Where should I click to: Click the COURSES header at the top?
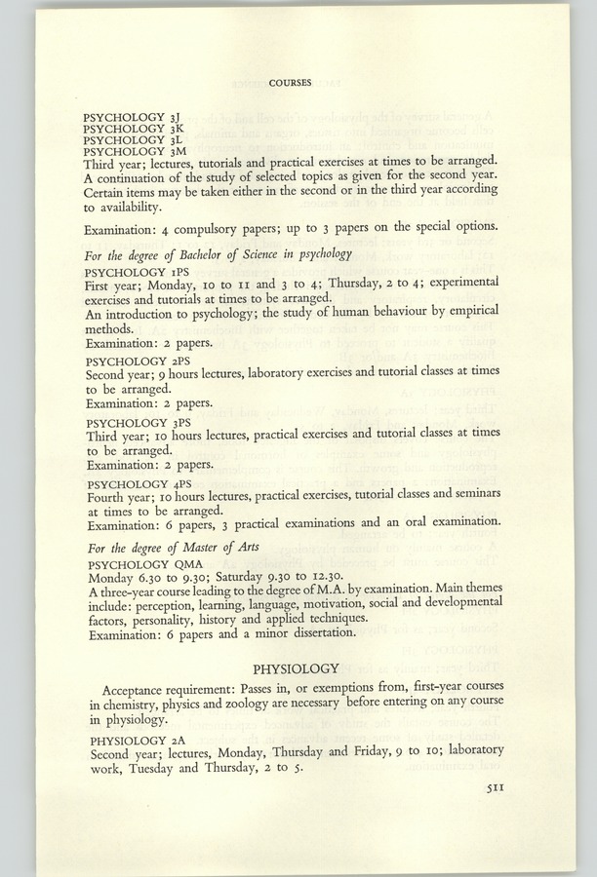pyautogui.click(x=290, y=83)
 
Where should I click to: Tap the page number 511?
pyautogui.click(x=497, y=793)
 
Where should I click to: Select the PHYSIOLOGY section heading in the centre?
pyautogui.click(x=296, y=668)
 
